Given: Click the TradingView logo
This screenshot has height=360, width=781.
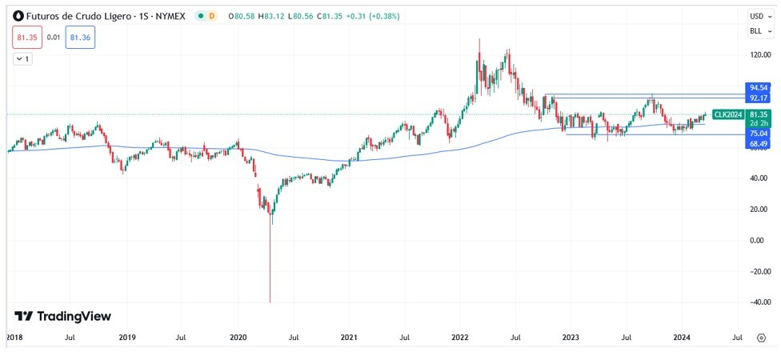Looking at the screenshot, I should tap(63, 317).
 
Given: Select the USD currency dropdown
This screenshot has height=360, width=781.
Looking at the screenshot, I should tap(757, 16).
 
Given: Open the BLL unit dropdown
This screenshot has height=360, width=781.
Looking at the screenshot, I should tap(757, 31).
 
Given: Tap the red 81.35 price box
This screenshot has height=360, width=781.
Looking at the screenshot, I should tap(27, 37).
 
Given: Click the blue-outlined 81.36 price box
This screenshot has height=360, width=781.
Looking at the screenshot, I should tap(80, 37).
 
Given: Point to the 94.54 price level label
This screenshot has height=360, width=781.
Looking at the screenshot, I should tap(759, 87).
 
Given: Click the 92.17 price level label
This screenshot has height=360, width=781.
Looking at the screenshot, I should tap(759, 98).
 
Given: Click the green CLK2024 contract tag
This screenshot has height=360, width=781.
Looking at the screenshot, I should tap(729, 114).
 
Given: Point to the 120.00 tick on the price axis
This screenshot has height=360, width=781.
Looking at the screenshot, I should tap(759, 55).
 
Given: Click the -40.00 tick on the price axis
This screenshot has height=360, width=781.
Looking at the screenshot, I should tap(759, 302).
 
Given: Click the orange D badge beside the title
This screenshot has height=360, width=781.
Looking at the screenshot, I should tap(211, 16).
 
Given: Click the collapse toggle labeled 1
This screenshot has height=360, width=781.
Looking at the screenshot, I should tap(22, 59).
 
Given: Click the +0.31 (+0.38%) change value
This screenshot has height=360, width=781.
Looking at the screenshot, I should tap(374, 16).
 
